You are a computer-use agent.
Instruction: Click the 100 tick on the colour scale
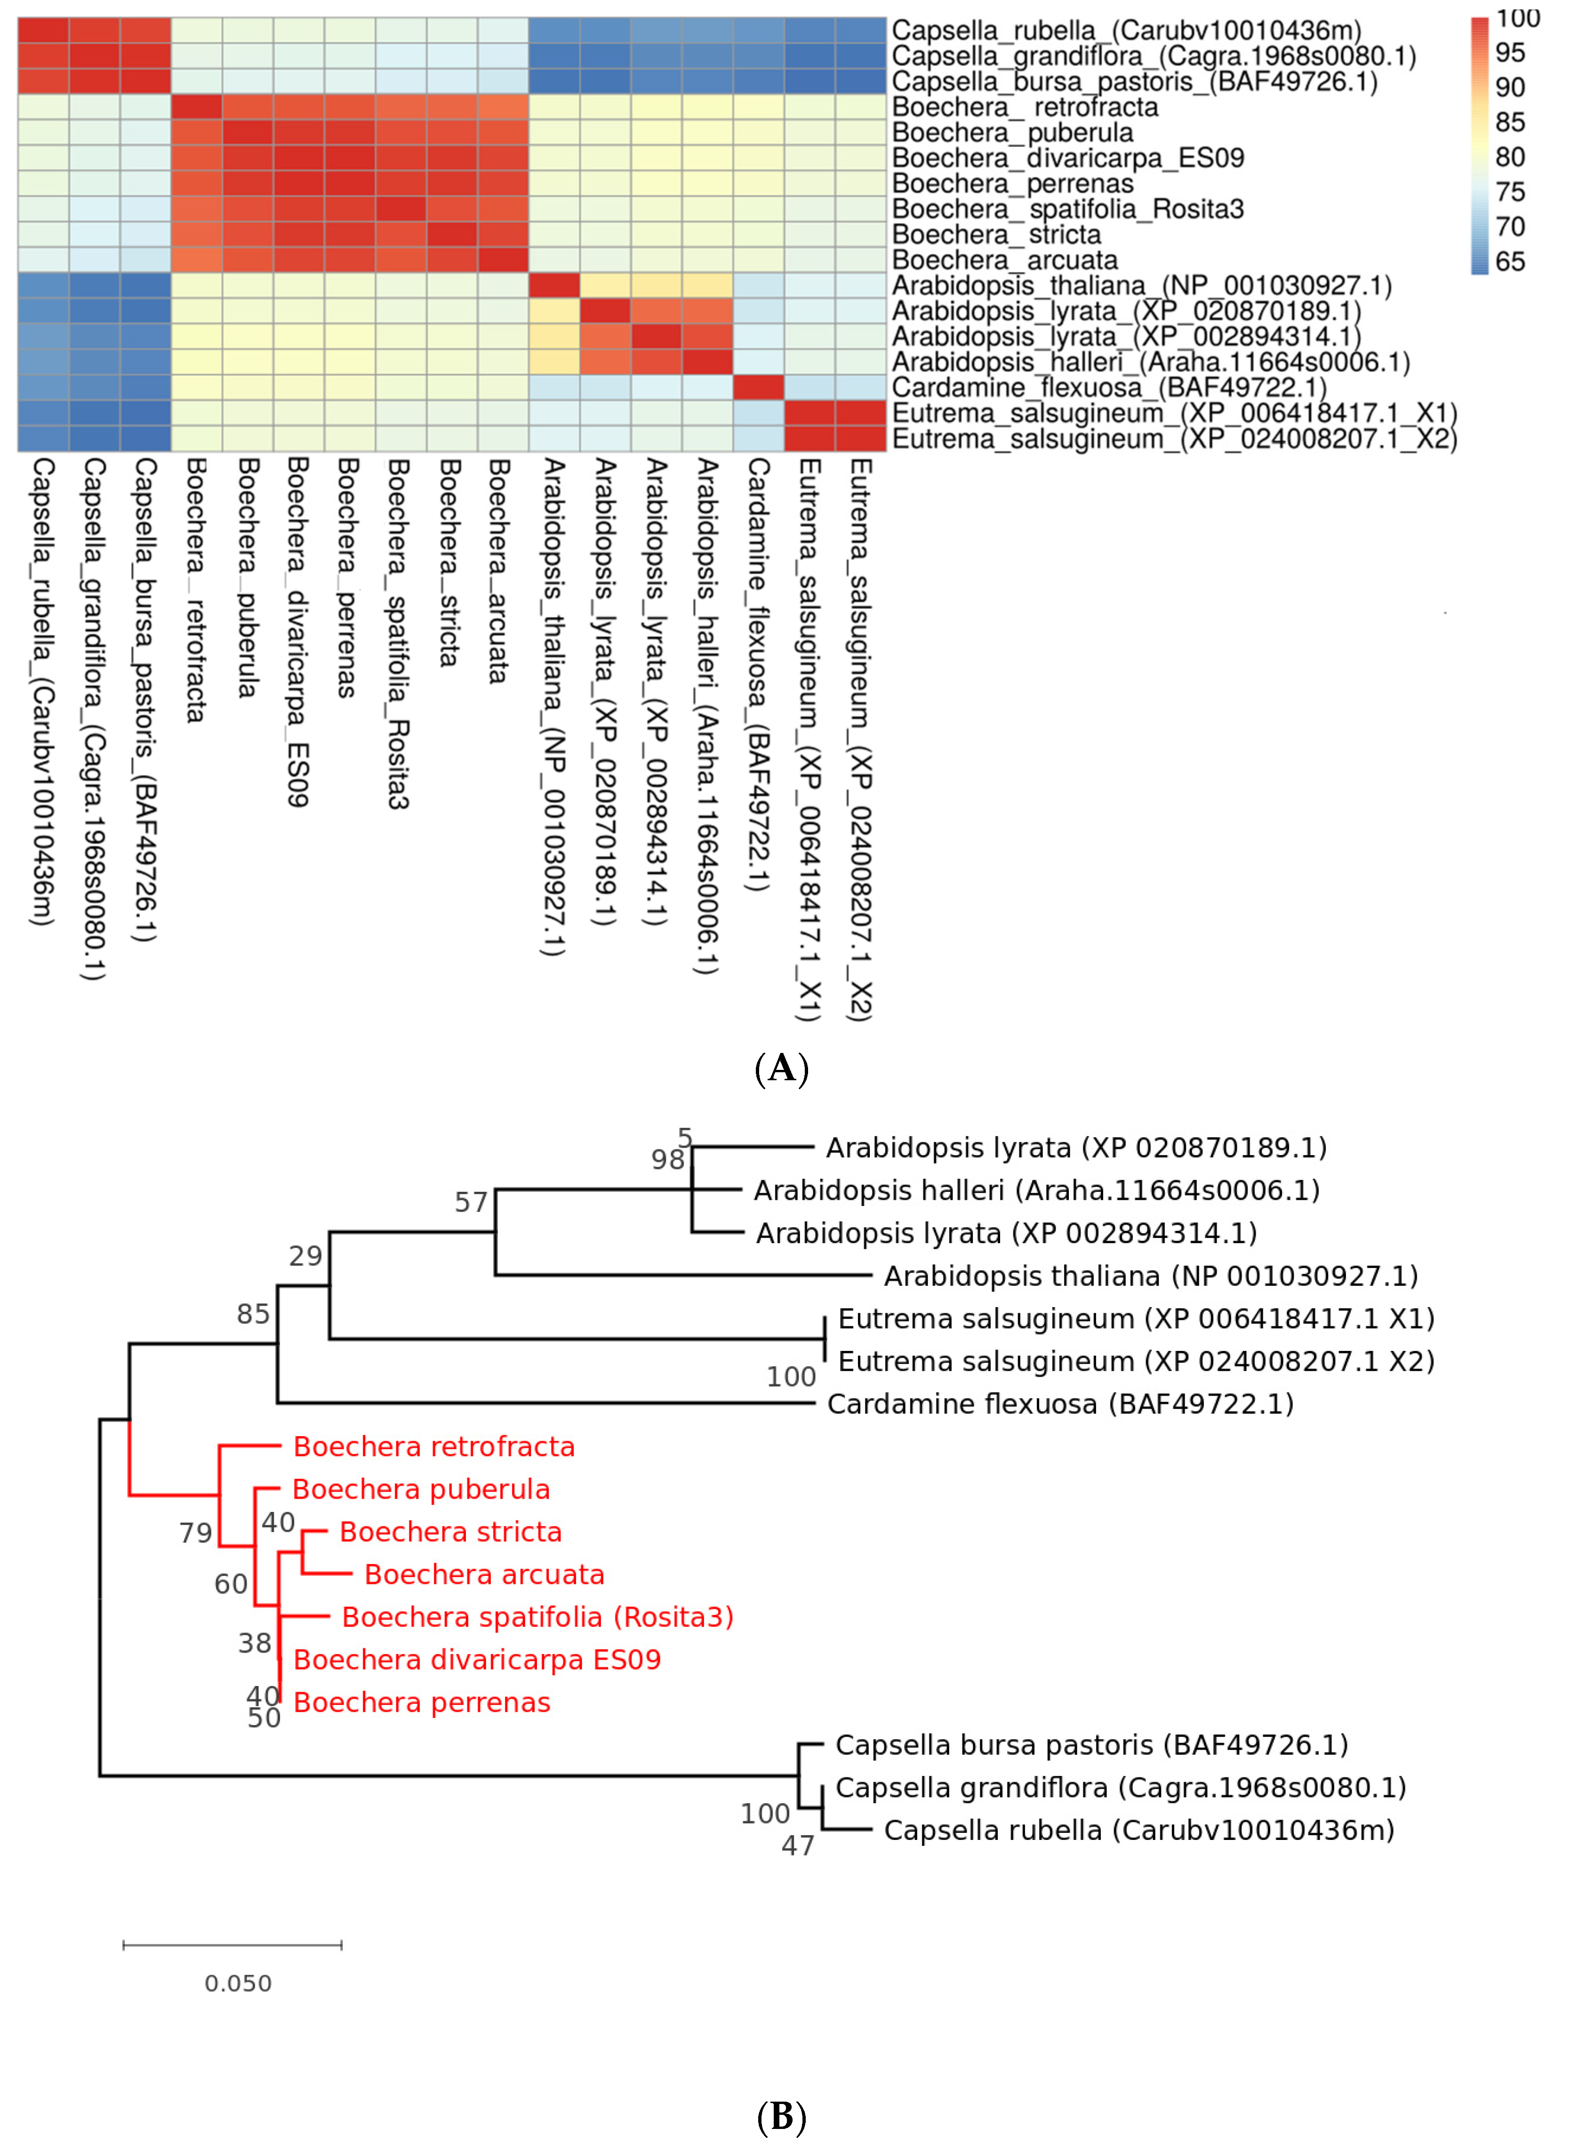tap(1518, 18)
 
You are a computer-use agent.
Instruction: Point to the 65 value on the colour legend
tap(1510, 261)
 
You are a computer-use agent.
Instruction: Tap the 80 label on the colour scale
tap(1510, 157)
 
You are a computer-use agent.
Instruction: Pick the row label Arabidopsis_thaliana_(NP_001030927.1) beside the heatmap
tap(1141, 285)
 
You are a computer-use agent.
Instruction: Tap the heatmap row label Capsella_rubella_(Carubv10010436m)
tap(1126, 31)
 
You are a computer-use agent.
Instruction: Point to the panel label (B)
tap(782, 2117)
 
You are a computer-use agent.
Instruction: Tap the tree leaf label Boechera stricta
tap(450, 1532)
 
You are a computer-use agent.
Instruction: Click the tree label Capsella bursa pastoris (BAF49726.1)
tap(1091, 1745)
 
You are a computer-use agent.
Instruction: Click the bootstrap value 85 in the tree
tap(254, 1314)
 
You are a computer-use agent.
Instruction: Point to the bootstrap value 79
tap(196, 1533)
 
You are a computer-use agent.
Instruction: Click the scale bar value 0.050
tap(238, 1983)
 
